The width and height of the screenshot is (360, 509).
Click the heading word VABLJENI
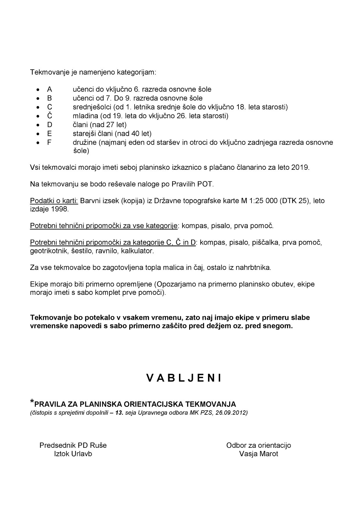184,378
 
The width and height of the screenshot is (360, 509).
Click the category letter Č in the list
50,116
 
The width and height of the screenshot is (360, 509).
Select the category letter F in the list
49,142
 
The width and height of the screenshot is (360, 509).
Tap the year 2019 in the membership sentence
300,167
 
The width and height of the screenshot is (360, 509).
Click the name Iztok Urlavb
73,454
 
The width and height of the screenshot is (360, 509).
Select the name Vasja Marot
258,454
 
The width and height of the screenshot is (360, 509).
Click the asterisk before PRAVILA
32,402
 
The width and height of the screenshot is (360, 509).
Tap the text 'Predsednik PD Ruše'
73,445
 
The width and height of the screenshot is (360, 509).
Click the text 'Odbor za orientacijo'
258,445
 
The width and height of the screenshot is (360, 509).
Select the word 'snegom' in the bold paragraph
279,326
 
